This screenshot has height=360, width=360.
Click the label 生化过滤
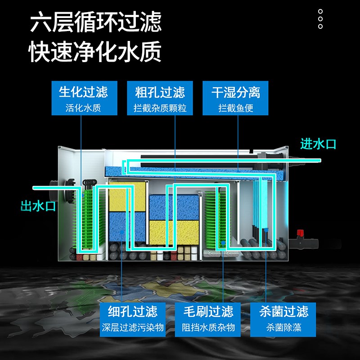pyautogui.click(x=83, y=92)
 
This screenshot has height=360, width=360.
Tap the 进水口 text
pyautogui.click(x=318, y=144)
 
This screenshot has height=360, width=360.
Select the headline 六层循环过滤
pyautogui.click(x=95, y=23)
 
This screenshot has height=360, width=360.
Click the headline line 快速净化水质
pyautogui.click(x=95, y=53)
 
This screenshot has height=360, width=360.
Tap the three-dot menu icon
pyautogui.click(x=320, y=19)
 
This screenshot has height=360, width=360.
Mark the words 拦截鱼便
pyautogui.click(x=236, y=108)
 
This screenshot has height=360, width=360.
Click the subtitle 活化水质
pyautogui.click(x=83, y=108)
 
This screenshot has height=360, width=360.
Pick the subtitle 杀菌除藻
pyautogui.click(x=283, y=328)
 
